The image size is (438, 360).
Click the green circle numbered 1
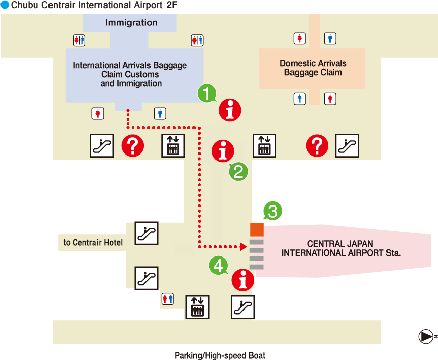[207, 93]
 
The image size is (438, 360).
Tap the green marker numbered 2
[238, 171]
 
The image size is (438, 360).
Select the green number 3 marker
[273, 211]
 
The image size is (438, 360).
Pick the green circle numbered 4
[218, 265]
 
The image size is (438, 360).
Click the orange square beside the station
[257, 230]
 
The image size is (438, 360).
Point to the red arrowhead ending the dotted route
[244, 247]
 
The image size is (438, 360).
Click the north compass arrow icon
[426, 337]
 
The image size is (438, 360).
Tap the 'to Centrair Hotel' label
[93, 242]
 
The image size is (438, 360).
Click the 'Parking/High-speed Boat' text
[220, 355]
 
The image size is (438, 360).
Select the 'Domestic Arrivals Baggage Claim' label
[313, 68]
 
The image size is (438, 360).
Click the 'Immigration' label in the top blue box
[131, 22]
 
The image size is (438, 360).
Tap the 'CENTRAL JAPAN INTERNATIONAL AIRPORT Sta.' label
[341, 248]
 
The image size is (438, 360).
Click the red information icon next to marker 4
[242, 280]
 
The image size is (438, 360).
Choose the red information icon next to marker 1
[230, 110]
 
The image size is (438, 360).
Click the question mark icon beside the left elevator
[133, 145]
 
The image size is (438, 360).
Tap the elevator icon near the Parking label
[198, 307]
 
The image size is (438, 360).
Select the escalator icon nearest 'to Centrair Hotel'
[147, 233]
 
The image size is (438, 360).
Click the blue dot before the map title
[5, 5]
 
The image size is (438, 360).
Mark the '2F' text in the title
[172, 5]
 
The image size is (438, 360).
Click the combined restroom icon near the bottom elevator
[168, 299]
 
